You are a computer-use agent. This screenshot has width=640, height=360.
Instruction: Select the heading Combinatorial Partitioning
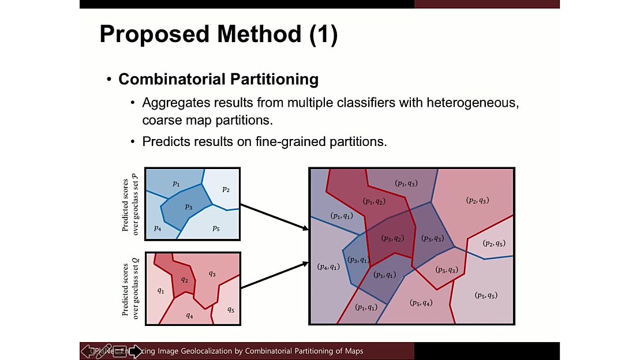click(x=218, y=79)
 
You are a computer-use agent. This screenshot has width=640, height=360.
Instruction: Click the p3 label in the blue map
click(x=188, y=207)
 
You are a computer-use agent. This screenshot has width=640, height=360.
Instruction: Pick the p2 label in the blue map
click(x=226, y=189)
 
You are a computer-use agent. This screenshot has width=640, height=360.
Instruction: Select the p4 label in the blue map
click(x=156, y=228)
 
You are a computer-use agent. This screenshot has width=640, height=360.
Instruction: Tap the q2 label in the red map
click(x=184, y=280)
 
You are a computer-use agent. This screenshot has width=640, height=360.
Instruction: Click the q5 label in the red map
click(x=230, y=309)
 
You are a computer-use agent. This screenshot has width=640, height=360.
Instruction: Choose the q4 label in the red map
click(x=189, y=316)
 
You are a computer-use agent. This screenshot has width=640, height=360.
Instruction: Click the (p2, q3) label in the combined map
click(x=477, y=200)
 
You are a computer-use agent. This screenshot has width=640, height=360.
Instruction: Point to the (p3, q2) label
click(x=392, y=238)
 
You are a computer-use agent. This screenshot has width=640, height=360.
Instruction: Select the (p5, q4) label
click(x=421, y=303)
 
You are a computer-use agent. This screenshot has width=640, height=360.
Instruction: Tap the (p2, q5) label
click(x=494, y=243)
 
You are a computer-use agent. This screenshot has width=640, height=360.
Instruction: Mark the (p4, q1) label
click(x=328, y=267)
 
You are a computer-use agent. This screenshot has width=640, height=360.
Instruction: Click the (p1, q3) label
click(x=406, y=183)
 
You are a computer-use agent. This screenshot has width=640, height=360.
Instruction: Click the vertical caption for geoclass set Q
click(x=130, y=287)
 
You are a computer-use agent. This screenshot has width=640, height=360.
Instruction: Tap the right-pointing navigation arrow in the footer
click(x=135, y=351)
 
